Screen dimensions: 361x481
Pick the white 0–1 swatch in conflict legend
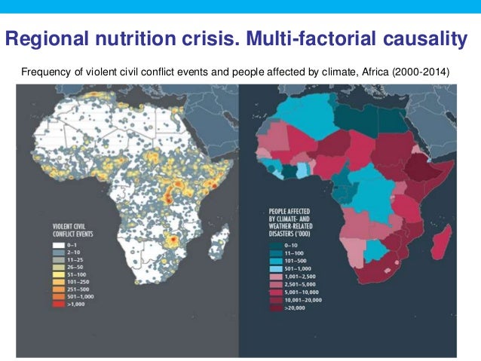click(58, 246)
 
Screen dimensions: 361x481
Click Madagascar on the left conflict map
click(219, 246)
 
